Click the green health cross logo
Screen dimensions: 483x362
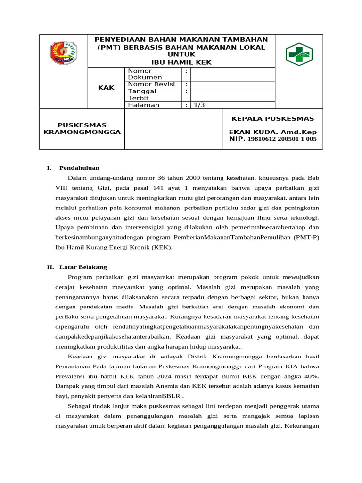299,54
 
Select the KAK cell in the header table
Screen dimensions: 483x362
106,88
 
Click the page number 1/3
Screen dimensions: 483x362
199,105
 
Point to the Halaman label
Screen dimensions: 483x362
144,105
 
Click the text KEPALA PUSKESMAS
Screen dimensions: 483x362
272,119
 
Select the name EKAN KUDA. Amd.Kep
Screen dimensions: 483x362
272,132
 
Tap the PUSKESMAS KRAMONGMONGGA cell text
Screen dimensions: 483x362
82,129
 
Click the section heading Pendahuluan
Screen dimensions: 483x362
79,167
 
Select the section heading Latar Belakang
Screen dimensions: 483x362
83,267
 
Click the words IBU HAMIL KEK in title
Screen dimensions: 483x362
181,62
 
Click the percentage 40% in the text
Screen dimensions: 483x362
311,376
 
